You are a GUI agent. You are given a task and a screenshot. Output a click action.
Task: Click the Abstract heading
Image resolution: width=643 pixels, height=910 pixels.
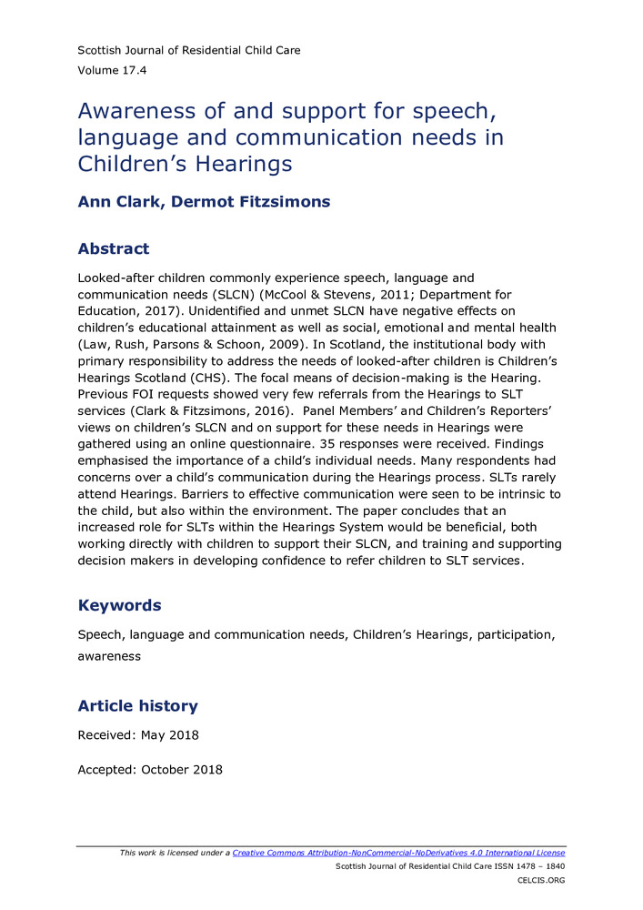[x=114, y=248]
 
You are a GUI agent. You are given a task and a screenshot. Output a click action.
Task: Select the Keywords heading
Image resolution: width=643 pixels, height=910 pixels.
[x=119, y=605]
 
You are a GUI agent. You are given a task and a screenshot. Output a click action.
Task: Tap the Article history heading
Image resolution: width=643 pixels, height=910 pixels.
[x=137, y=705]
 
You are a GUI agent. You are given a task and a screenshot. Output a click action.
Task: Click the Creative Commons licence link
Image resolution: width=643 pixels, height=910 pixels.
[x=398, y=853]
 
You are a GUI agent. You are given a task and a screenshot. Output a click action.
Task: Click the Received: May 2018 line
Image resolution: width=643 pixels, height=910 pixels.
[x=138, y=735]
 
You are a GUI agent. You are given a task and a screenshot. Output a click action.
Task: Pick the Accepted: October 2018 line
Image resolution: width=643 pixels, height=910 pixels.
[x=150, y=769]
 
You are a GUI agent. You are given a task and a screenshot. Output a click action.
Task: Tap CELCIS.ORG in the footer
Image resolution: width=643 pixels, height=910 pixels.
[x=541, y=881]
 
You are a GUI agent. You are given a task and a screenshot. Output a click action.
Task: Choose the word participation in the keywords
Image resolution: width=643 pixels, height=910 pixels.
[x=513, y=633]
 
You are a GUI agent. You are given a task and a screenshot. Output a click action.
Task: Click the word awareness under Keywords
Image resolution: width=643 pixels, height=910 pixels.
[x=109, y=656]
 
